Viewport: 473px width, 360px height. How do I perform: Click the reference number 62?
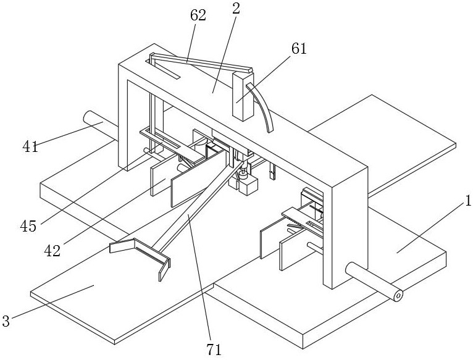pos(198,15)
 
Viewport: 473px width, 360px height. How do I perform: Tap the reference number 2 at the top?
pos(236,9)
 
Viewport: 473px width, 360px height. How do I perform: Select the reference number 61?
pos(299,48)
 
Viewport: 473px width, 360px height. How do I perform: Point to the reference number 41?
pos(30,147)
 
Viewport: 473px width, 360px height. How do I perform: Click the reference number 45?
pos(28,226)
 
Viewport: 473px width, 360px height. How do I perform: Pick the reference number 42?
pos(52,251)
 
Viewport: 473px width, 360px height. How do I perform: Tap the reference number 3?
pos(6,321)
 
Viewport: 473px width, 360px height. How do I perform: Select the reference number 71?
pos(214,350)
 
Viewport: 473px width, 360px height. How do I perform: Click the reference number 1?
pos(468,201)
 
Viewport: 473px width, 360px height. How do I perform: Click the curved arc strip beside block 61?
pos(263,106)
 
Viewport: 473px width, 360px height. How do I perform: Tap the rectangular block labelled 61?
pos(243,96)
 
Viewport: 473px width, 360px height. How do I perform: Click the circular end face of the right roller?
pos(398,296)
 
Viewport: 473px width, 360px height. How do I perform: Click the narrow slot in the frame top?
pos(163,70)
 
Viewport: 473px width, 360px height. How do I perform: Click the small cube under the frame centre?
pos(249,186)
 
